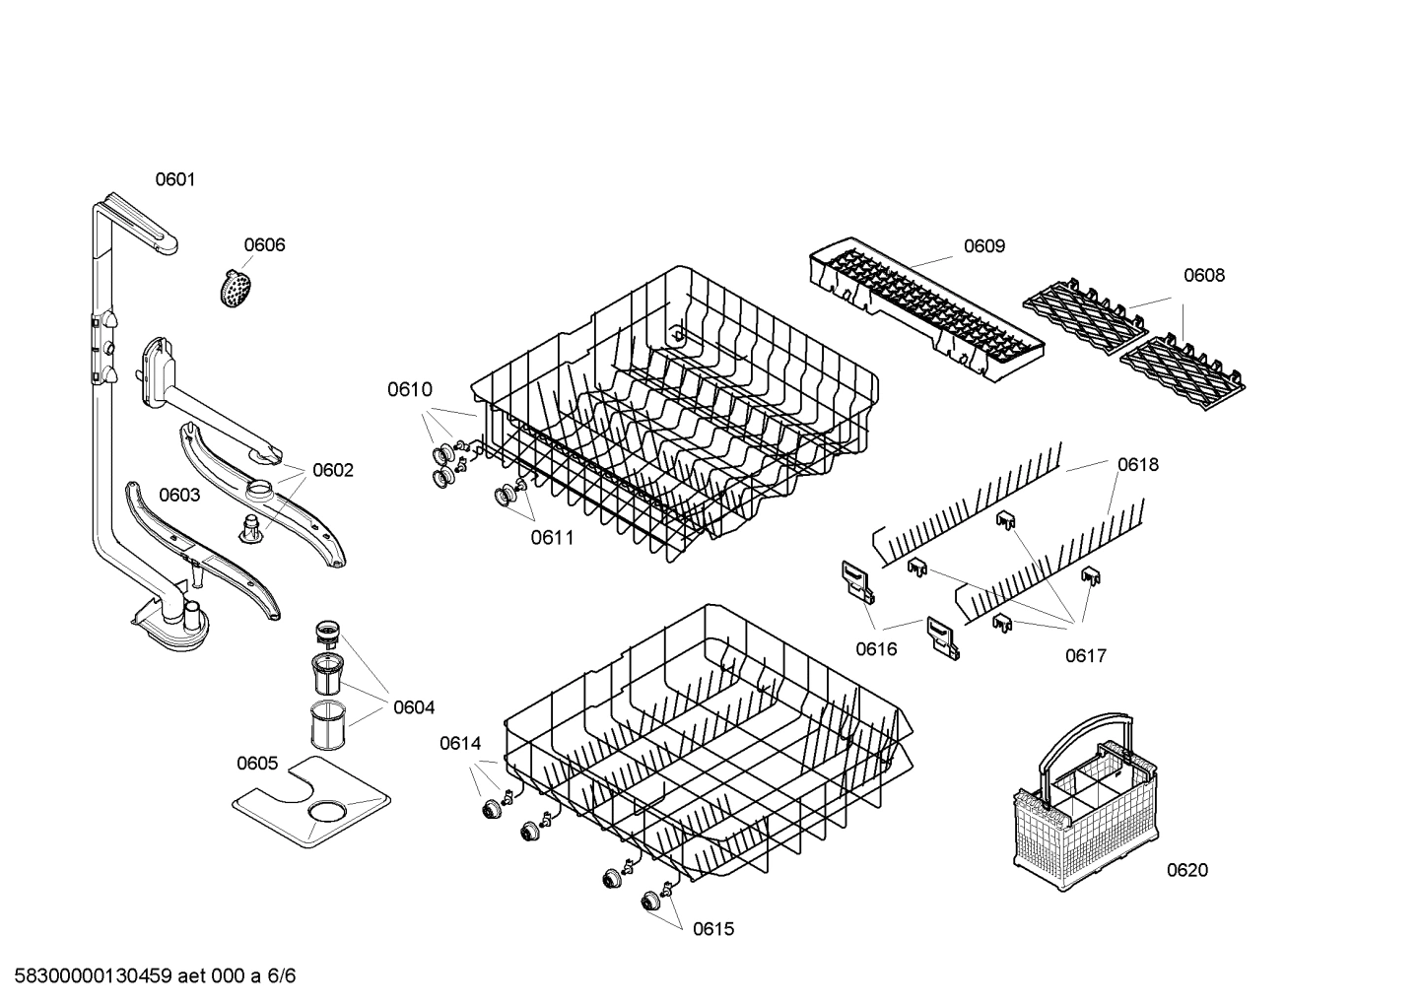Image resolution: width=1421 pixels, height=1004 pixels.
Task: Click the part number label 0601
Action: tap(175, 179)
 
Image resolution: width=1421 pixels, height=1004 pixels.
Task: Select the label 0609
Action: tap(983, 246)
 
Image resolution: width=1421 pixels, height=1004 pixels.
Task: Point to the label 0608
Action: tap(1203, 276)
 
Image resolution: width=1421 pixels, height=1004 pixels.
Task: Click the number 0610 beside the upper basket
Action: tap(409, 390)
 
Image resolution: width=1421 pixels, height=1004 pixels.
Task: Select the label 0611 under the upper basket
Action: tap(552, 538)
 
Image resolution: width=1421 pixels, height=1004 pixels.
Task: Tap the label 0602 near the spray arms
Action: tap(332, 471)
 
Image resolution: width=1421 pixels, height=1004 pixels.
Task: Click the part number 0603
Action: tap(179, 496)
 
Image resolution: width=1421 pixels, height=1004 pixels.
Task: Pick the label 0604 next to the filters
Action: tap(413, 707)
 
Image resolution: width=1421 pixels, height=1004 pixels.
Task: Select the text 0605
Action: tap(257, 764)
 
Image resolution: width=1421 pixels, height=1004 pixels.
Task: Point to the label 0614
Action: tap(460, 744)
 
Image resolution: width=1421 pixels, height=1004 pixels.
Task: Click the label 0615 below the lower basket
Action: tap(712, 929)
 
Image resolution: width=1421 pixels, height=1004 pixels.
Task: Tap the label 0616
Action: tap(876, 649)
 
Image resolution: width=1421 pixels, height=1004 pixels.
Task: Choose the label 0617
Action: tap(1085, 656)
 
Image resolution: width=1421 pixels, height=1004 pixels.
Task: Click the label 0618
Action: tap(1137, 465)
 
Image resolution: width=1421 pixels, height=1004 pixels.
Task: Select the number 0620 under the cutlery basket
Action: tap(1186, 870)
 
